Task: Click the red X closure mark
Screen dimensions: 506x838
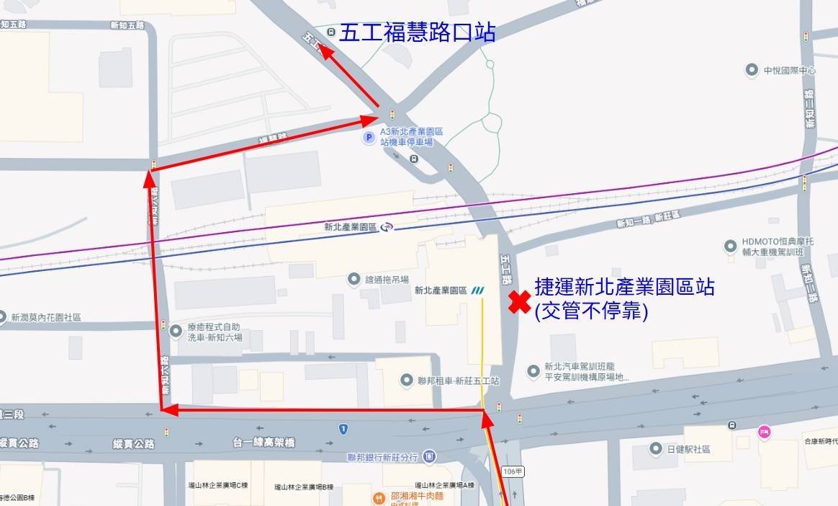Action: pos(519,303)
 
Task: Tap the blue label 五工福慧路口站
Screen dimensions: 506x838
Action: pos(417,33)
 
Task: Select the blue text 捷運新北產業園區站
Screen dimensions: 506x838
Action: pos(624,287)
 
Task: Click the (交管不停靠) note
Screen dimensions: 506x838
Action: pos(591,311)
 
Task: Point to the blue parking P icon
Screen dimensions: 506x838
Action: pos(369,137)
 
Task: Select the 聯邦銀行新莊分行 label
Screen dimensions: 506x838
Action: pos(382,457)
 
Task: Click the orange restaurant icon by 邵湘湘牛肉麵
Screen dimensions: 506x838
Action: pos(378,498)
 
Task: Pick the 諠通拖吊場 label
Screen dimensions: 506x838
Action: pos(387,280)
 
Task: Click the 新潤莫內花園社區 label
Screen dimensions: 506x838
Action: pos(46,317)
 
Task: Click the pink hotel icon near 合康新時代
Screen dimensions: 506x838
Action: pos(764,432)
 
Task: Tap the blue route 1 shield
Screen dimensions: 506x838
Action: pos(343,429)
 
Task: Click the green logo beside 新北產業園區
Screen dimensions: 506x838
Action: pos(478,291)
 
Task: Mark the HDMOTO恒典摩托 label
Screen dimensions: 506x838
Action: pos(778,243)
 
